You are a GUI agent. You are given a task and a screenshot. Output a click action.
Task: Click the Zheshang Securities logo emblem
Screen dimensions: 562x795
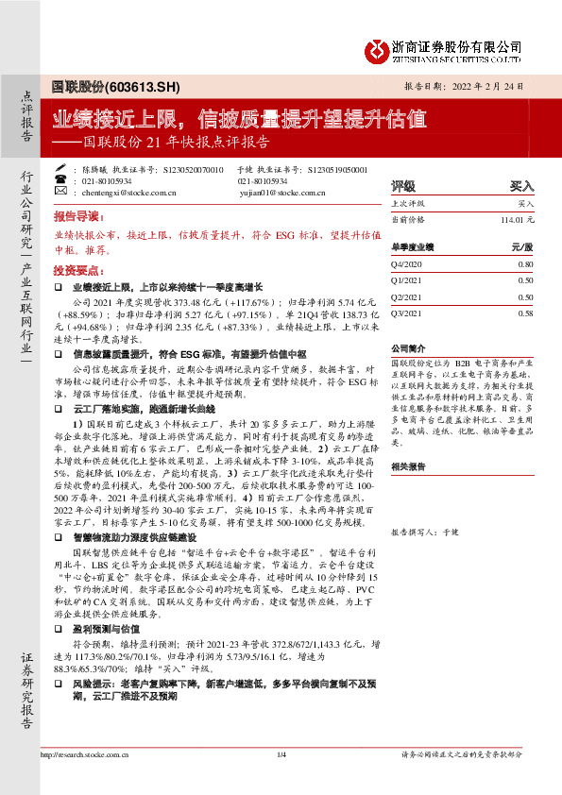point(378,48)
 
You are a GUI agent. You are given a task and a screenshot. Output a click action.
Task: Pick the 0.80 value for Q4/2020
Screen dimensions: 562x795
point(526,266)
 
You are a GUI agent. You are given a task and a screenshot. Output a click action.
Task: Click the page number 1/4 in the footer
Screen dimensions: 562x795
point(281,781)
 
